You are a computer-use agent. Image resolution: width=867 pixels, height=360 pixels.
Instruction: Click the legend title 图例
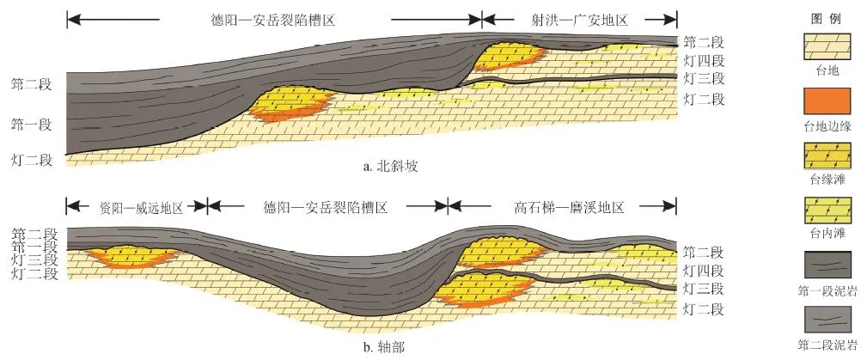825,18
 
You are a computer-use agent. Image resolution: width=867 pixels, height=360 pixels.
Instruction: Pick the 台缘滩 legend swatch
825,156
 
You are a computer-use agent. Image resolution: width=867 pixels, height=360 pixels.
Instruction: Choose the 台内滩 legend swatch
825,211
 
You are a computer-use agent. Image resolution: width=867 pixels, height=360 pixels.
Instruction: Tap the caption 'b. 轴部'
389,347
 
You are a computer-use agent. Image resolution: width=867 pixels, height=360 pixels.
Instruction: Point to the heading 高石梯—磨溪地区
568,207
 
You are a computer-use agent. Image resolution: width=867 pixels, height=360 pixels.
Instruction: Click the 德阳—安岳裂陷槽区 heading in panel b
328,207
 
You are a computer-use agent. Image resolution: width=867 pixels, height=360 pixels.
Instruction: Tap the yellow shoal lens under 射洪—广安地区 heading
507,55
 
